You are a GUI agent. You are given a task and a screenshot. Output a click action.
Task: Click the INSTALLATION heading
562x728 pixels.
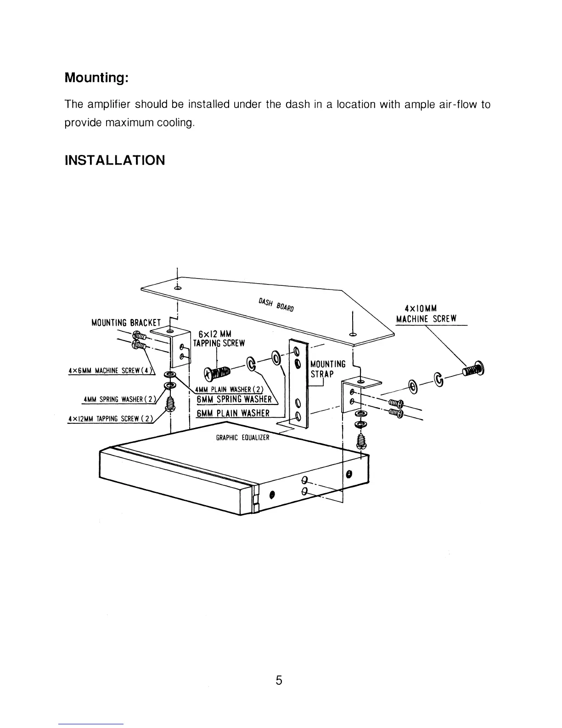(114, 160)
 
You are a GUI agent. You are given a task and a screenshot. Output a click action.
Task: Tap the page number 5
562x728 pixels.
(279, 680)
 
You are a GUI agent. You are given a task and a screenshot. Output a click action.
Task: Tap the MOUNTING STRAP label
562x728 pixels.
(328, 369)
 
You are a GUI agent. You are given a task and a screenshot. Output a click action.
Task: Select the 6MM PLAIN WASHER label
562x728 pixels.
(233, 413)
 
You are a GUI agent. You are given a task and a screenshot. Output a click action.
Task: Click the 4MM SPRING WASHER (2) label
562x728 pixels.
(119, 399)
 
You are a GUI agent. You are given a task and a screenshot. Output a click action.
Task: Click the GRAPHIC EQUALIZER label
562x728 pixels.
(242, 438)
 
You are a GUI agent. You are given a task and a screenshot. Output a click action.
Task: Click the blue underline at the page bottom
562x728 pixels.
(91, 724)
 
